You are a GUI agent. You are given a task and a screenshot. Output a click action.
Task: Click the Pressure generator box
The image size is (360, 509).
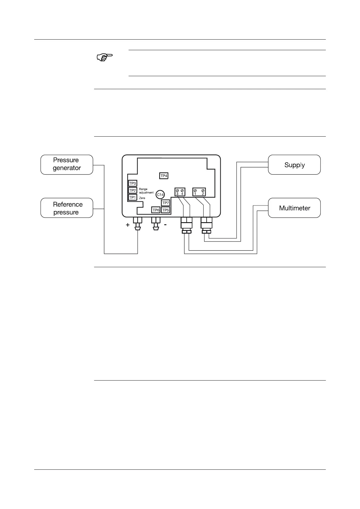point(67,164)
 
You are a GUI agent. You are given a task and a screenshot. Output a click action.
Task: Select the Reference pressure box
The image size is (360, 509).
point(67,208)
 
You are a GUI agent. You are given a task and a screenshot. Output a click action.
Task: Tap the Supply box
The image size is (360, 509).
point(294,165)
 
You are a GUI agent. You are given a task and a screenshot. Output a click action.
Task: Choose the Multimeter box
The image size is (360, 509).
point(294,208)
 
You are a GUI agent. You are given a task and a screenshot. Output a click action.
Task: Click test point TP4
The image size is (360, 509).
point(164,176)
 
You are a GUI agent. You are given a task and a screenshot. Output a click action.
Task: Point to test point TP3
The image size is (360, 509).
point(133,183)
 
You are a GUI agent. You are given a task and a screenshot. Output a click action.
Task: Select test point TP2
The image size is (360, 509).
point(133,190)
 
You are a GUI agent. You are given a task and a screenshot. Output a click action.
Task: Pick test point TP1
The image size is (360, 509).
point(133,197)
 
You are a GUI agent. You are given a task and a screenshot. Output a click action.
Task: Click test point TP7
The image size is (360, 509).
point(165,203)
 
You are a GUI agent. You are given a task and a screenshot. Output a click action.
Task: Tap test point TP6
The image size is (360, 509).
point(156,210)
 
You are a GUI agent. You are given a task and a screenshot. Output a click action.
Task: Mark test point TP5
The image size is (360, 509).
point(165,210)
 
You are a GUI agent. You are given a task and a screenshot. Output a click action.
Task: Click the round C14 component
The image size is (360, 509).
point(160,195)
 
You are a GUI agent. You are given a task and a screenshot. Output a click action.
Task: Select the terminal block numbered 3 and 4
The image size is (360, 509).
point(180,192)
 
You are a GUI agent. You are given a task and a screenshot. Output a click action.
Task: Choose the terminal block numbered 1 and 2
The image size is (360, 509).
point(199,192)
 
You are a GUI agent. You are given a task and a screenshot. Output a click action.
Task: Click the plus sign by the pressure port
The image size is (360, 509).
point(128,225)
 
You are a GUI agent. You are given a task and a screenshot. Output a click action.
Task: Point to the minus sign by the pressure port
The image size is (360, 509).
point(165,225)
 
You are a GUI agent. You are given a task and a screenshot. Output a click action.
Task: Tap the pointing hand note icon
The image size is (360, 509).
point(104,57)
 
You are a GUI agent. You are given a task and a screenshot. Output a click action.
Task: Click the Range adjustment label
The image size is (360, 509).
point(146,191)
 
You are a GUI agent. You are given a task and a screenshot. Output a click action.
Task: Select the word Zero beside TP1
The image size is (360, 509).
point(142,198)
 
